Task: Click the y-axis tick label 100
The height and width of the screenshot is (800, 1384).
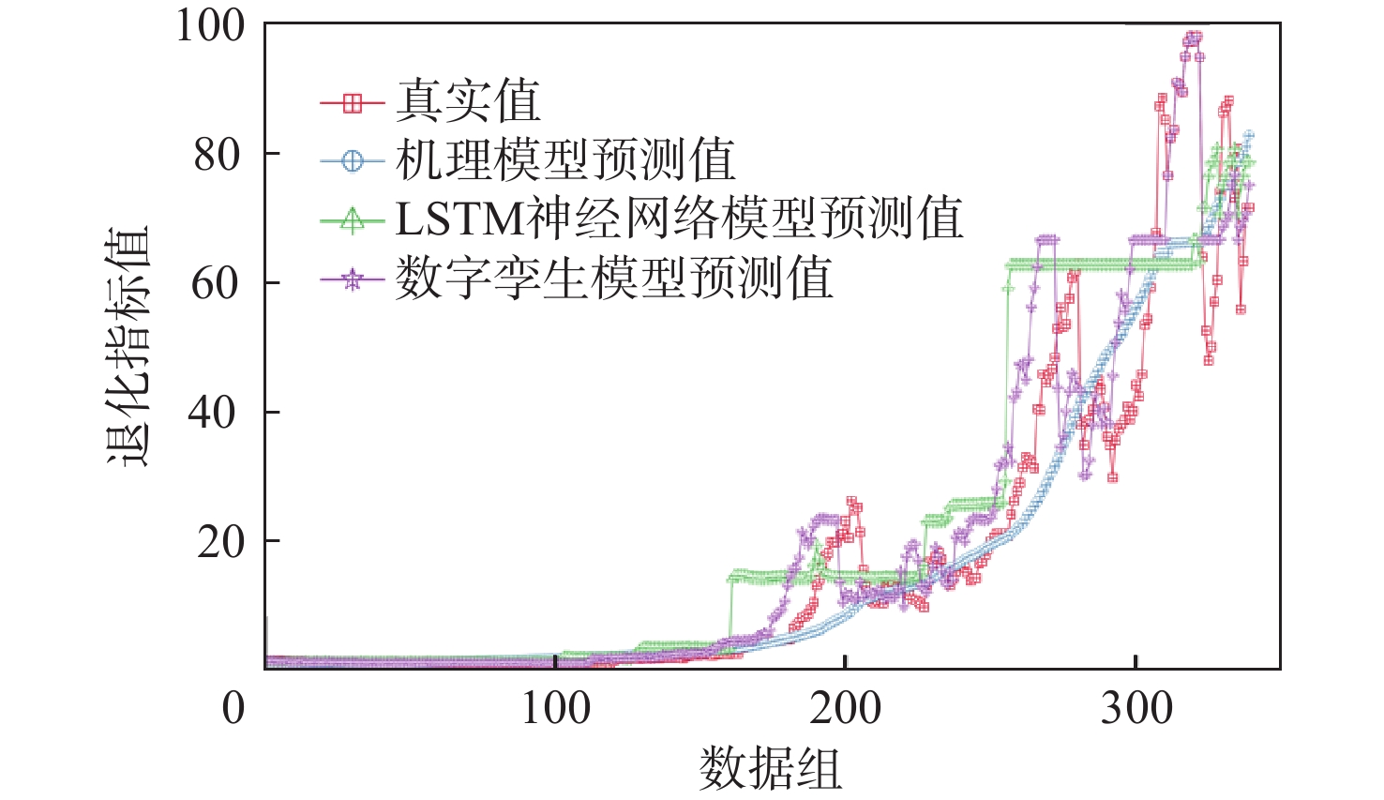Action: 211,25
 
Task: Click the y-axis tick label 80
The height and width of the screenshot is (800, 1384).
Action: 218,155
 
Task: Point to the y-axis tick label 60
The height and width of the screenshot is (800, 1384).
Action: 218,283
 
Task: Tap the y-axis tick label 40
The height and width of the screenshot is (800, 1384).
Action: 218,413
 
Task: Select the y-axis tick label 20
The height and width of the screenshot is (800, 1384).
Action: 218,541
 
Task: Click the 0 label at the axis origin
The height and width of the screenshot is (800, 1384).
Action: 233,707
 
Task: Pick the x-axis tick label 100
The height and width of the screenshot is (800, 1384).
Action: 555,707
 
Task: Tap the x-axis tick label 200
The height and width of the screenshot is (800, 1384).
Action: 845,707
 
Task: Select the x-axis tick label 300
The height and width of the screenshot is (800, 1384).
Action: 1136,707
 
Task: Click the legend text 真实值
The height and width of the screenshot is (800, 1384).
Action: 468,101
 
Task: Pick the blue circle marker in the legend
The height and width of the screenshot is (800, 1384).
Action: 352,161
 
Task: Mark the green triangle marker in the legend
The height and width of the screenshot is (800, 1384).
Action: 352,220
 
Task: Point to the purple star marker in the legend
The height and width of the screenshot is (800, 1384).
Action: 352,279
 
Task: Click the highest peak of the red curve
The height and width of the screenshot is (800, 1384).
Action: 1193,38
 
